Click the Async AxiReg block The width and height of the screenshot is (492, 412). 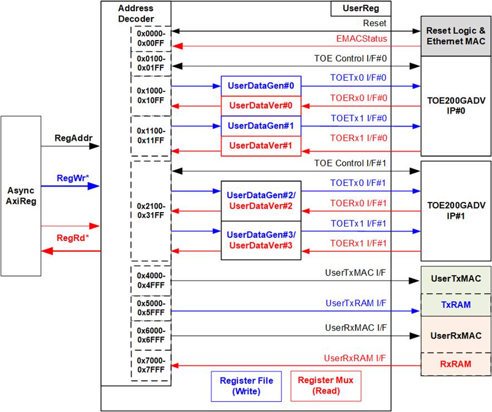tap(21, 196)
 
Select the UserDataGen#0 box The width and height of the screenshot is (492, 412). tap(261, 86)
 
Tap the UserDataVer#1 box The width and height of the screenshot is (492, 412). tap(261, 146)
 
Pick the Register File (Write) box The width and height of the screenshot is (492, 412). tap(246, 386)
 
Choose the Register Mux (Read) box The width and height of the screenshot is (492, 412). tap(326, 386)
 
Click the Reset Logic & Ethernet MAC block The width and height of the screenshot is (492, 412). tap(456, 36)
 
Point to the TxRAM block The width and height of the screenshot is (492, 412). tap(456, 305)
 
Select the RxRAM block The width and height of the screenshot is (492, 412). tap(456, 364)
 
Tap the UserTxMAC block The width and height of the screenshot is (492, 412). tap(456, 279)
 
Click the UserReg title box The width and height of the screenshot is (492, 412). tap(361, 8)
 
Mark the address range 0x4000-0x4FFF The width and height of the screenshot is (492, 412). tap(151, 280)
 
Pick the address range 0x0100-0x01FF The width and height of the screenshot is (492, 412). tap(151, 63)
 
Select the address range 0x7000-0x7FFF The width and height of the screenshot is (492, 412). tap(151, 365)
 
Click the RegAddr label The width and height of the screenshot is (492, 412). tap(74, 138)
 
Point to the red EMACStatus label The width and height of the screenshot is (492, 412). tap(362, 38)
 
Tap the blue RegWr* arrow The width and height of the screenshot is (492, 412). tap(70, 187)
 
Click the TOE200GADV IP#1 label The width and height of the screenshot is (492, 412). tap(456, 210)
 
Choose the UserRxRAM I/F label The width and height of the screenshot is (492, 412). tap(354, 358)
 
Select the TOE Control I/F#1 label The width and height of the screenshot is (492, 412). tap(350, 163)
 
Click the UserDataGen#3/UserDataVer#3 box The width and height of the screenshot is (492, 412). tap(261, 241)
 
